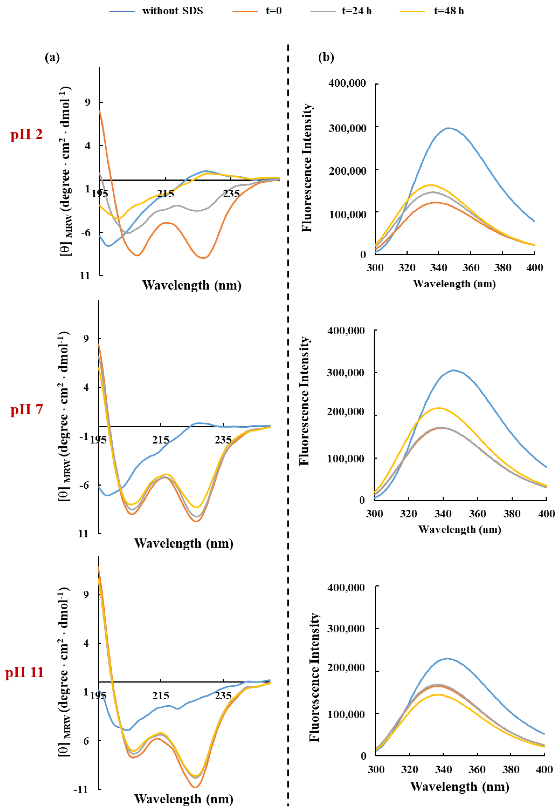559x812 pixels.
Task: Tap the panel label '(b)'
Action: (x=326, y=57)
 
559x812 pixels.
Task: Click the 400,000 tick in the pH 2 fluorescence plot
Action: (x=347, y=84)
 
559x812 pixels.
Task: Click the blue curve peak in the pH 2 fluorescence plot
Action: (x=448, y=128)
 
